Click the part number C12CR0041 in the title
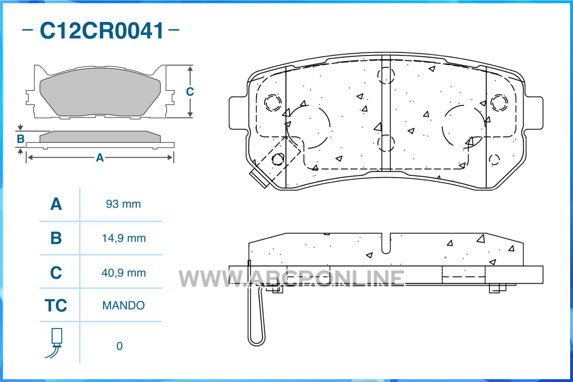tap(102, 31)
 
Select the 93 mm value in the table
tap(123, 204)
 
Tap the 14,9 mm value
tap(123, 238)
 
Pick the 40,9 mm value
tap(123, 273)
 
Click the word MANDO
tap(123, 305)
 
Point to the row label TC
tap(56, 305)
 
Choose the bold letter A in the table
tap(56, 204)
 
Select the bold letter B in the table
tap(56, 238)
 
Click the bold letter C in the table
tap(56, 273)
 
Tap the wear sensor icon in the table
tap(55, 343)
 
